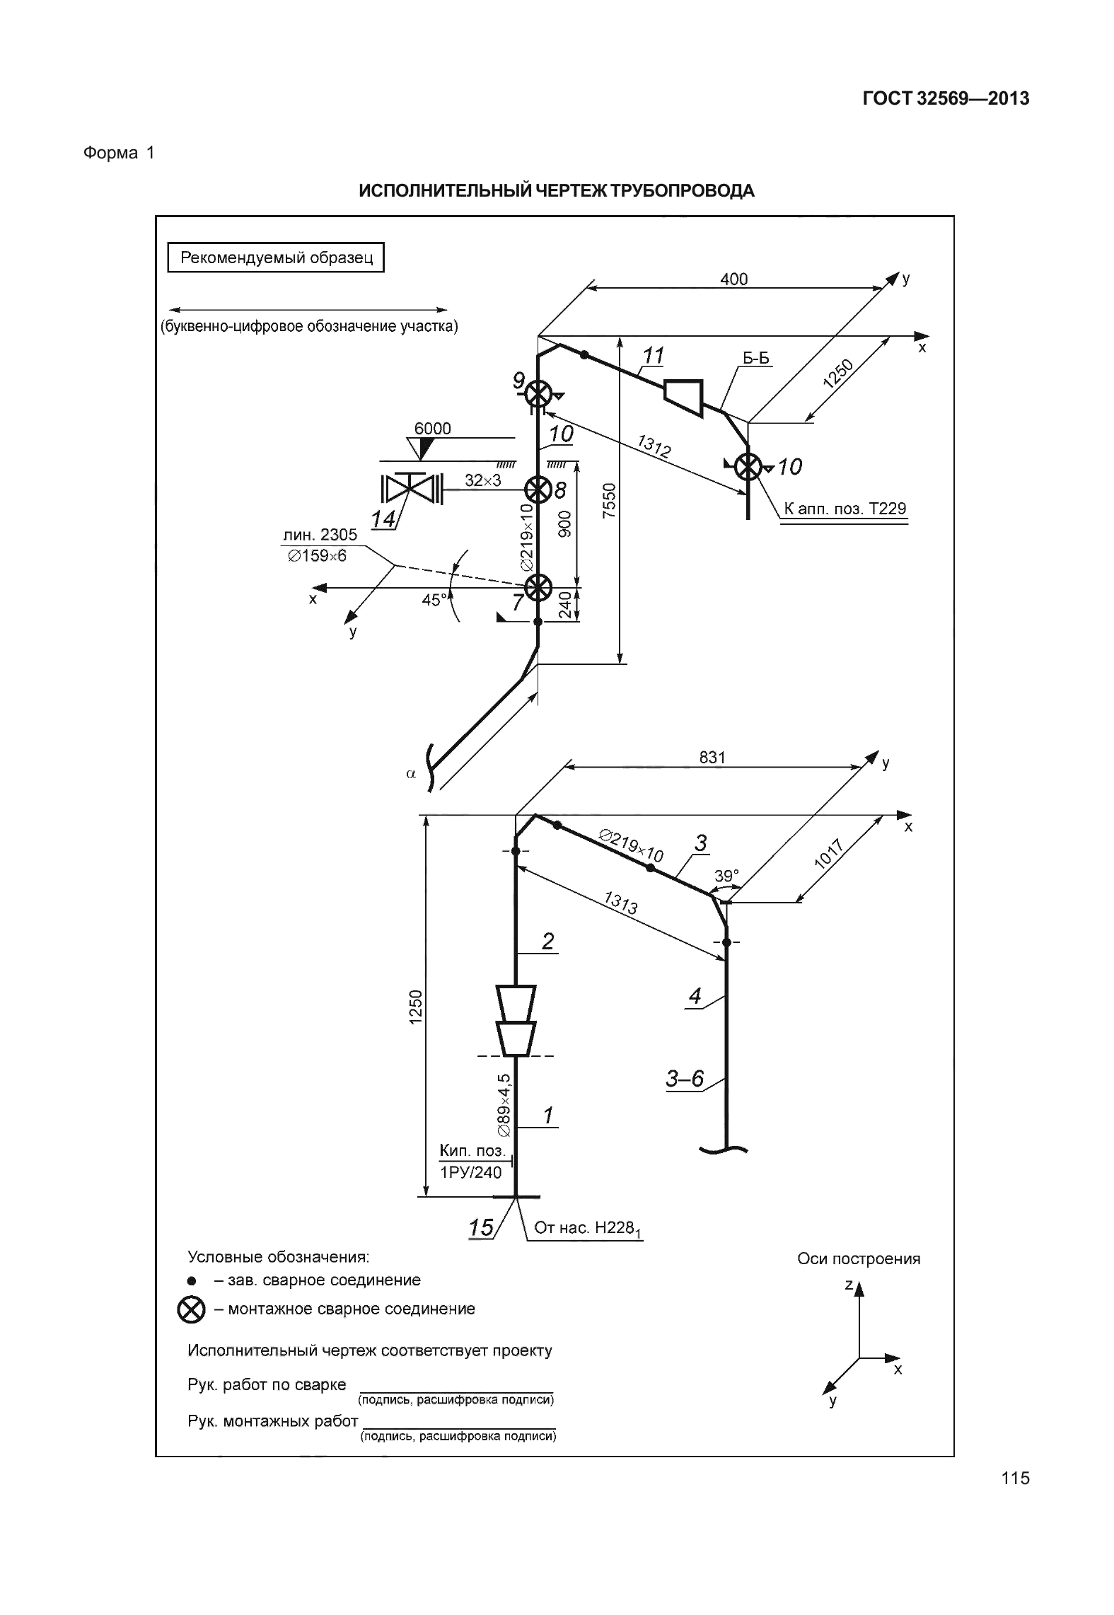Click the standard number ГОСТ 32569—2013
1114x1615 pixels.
[945, 98]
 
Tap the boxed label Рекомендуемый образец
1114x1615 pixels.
[276, 257]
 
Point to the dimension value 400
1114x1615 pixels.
[733, 279]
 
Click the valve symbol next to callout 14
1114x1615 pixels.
[410, 488]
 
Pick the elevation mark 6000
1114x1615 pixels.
[432, 429]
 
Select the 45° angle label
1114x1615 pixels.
[434, 600]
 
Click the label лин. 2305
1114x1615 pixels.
[320, 535]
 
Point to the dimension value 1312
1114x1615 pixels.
[654, 447]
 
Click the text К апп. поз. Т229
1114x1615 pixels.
[845, 509]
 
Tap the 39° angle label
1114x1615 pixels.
[726, 876]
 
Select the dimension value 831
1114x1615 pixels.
[712, 758]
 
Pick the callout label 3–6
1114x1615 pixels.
[685, 1078]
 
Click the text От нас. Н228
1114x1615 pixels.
[586, 1228]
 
